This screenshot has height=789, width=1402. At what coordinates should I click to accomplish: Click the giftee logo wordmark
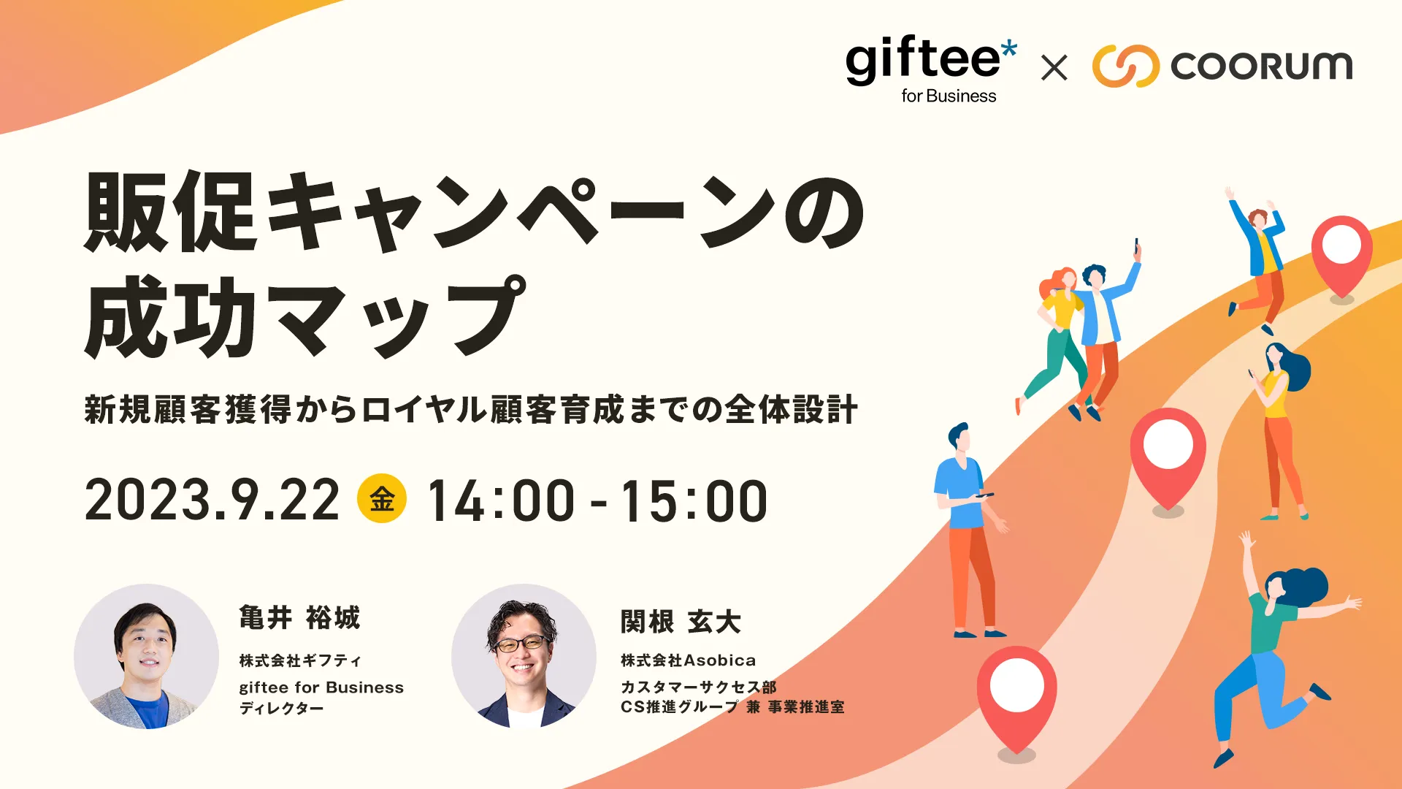pyautogui.click(x=923, y=60)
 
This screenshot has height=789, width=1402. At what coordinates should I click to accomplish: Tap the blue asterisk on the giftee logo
pyautogui.click(x=1008, y=50)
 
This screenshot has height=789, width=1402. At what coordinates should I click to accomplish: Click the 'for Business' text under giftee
pyautogui.click(x=949, y=96)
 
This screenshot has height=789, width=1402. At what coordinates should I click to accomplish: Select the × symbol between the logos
pyautogui.click(x=1054, y=68)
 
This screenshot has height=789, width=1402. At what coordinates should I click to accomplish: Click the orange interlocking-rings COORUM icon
pyautogui.click(x=1125, y=66)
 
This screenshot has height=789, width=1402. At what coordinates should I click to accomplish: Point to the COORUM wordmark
pyautogui.click(x=1262, y=66)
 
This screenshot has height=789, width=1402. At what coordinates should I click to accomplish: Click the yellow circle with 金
pyautogui.click(x=382, y=499)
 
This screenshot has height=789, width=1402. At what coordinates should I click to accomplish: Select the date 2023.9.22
pyautogui.click(x=212, y=500)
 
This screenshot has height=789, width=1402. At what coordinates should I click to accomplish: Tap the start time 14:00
pyautogui.click(x=501, y=500)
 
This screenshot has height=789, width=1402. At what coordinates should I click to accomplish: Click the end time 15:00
pyautogui.click(x=694, y=500)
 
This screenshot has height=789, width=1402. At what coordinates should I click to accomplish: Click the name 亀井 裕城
pyautogui.click(x=299, y=618)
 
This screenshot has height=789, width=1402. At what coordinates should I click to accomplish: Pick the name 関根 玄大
pyautogui.click(x=681, y=622)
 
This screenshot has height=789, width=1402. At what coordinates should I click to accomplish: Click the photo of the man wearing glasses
pyautogui.click(x=524, y=656)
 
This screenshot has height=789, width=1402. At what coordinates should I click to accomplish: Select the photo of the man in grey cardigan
pyautogui.click(x=146, y=656)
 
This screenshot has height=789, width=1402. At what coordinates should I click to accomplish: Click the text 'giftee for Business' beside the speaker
pyautogui.click(x=321, y=687)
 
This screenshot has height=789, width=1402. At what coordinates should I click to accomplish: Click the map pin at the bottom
pyautogui.click(x=1016, y=698)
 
